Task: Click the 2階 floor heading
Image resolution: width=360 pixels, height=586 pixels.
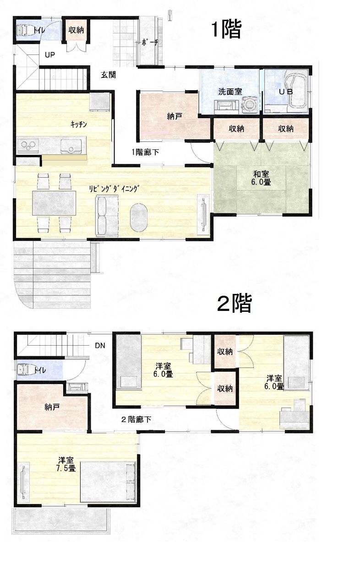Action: tap(234, 303)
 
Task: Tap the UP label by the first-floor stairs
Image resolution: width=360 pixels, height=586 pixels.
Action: tap(50, 55)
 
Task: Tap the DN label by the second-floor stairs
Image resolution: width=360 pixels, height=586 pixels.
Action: tap(100, 346)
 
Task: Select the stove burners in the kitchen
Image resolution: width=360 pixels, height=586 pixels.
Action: tap(28, 145)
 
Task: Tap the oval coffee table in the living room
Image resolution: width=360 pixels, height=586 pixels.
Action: tap(139, 217)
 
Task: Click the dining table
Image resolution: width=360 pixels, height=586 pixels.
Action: tap(54, 203)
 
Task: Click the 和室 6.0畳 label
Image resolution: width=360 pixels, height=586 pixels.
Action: tap(261, 178)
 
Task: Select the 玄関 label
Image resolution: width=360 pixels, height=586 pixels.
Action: tap(108, 75)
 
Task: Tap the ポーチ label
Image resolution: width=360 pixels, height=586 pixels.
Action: tap(150, 43)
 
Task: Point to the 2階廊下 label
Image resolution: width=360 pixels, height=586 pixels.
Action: tap(136, 419)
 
